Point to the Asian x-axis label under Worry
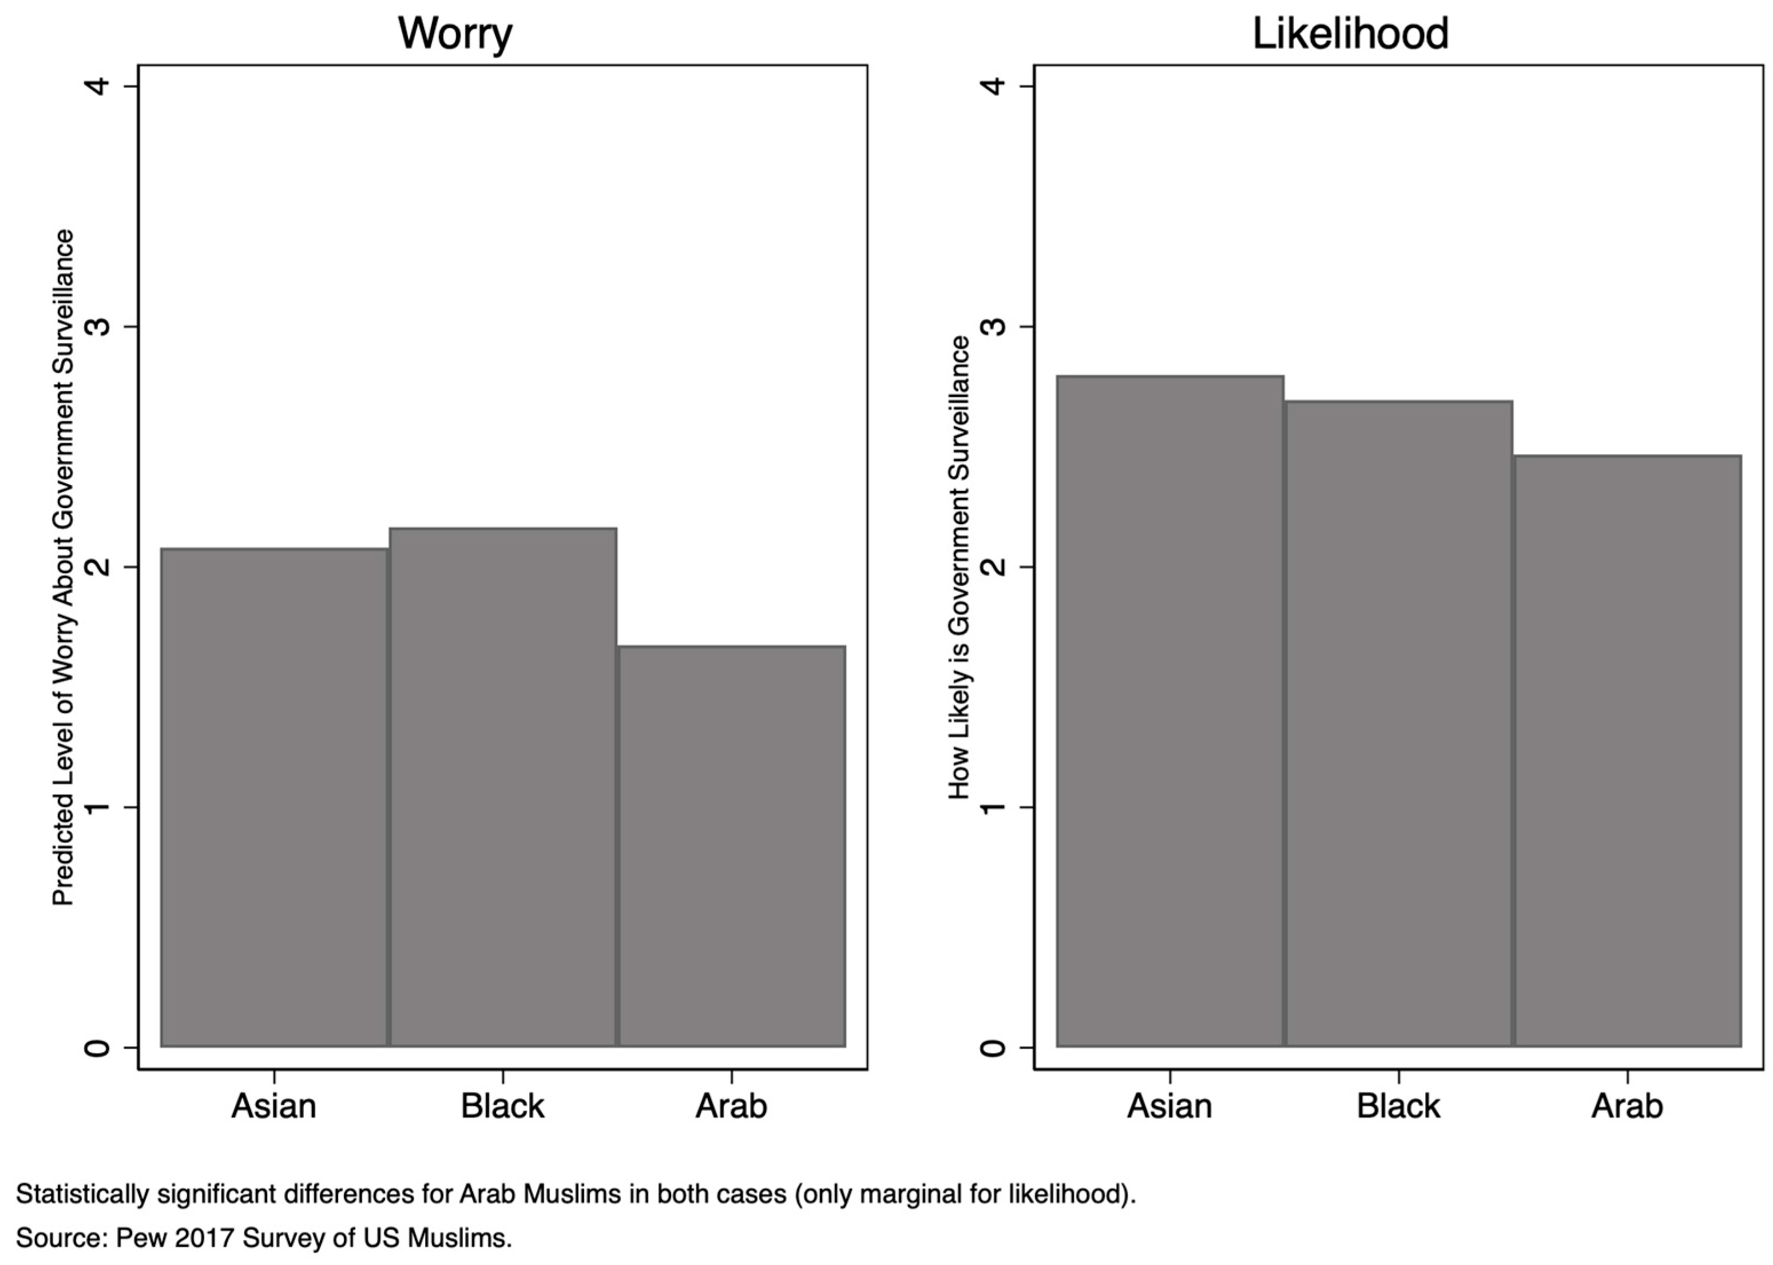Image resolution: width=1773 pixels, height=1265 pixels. (x=273, y=1105)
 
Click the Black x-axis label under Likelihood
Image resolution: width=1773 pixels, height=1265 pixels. (x=1398, y=1105)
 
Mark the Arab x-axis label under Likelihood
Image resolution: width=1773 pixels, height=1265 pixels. (x=1627, y=1105)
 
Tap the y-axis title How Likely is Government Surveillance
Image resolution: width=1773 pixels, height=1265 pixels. (x=959, y=567)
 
